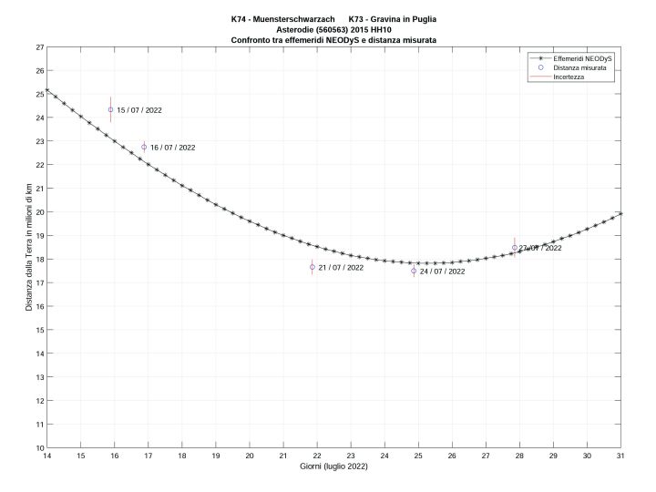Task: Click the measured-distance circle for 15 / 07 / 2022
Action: tap(111, 109)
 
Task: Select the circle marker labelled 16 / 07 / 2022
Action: tap(144, 147)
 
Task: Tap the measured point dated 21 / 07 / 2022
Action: tap(313, 267)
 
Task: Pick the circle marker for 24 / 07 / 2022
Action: tap(414, 271)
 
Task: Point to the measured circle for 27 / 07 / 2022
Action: tap(515, 248)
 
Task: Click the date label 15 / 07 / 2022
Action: tap(139, 110)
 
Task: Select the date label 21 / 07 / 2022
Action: tap(341, 268)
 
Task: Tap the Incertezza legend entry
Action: tap(569, 77)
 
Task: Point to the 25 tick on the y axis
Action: tap(39, 94)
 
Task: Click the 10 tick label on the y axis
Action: tap(39, 447)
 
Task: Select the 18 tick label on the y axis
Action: tap(39, 259)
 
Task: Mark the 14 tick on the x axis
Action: tap(47, 456)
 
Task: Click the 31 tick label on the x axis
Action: tap(620, 456)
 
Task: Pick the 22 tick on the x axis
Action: tap(317, 456)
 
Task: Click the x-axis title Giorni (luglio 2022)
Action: tap(333, 466)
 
